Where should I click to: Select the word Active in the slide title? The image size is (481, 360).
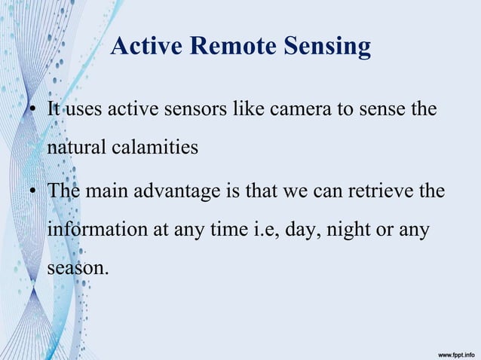coord(146,47)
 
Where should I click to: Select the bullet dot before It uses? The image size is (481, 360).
coord(34,111)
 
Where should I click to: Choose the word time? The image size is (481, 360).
coord(219,228)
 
